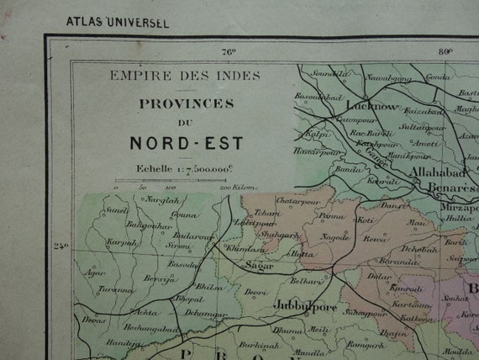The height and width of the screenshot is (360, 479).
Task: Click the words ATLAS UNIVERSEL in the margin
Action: (117, 22)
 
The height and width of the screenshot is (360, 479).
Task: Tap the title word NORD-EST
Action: (186, 143)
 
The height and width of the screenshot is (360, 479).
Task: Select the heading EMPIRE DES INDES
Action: (185, 76)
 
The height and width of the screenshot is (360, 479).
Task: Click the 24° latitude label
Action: (61, 246)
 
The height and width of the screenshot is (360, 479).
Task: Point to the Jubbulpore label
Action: (305, 306)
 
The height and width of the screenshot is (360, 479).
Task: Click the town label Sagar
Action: (253, 265)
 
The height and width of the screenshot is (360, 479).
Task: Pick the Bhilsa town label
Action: (209, 286)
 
